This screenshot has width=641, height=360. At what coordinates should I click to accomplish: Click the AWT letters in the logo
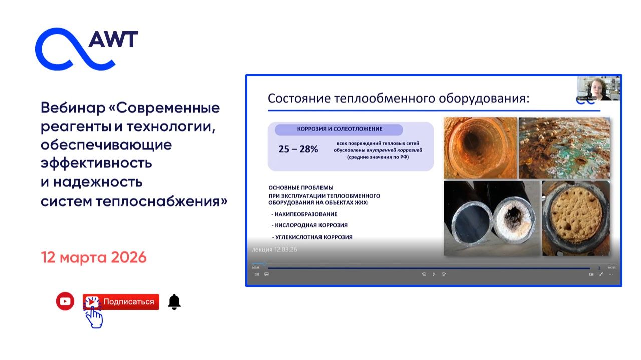(x=113, y=39)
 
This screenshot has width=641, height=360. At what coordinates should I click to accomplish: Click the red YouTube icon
(x=65, y=301)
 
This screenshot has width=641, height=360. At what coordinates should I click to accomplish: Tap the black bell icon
(x=174, y=302)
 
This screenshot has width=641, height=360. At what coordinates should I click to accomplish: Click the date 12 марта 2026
(x=94, y=258)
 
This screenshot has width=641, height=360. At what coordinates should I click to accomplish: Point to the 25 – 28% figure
(x=298, y=149)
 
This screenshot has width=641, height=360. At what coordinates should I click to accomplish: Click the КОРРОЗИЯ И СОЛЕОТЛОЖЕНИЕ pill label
(x=339, y=129)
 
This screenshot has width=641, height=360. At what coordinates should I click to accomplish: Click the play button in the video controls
(x=434, y=274)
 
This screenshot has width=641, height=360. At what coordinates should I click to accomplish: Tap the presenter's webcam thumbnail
(x=598, y=88)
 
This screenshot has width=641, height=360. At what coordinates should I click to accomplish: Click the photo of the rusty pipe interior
(x=479, y=148)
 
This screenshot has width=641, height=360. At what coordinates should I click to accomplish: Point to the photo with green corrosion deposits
(x=564, y=148)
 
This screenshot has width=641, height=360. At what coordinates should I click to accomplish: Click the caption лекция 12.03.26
(x=273, y=249)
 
